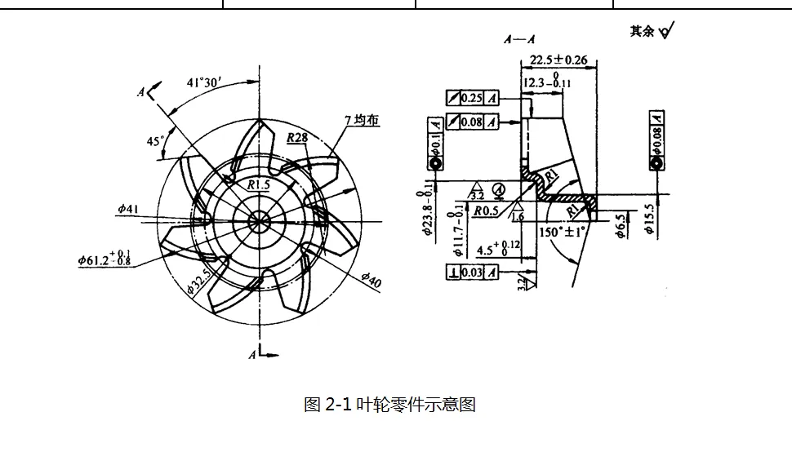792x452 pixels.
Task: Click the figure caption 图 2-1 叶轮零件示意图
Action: (389, 405)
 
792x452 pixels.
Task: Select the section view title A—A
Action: (520, 39)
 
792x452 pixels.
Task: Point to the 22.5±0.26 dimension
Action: (558, 60)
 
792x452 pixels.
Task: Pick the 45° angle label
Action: (155, 141)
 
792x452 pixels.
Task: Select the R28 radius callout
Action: (297, 138)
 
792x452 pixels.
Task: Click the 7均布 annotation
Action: (362, 120)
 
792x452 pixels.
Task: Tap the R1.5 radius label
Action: (258, 184)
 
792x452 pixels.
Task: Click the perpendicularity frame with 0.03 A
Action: (472, 272)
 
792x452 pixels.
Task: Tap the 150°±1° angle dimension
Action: (563, 232)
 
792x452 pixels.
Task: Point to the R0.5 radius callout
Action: (487, 210)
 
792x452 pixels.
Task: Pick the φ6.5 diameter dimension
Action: (621, 226)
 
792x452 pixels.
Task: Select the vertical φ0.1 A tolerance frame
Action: (436, 135)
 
